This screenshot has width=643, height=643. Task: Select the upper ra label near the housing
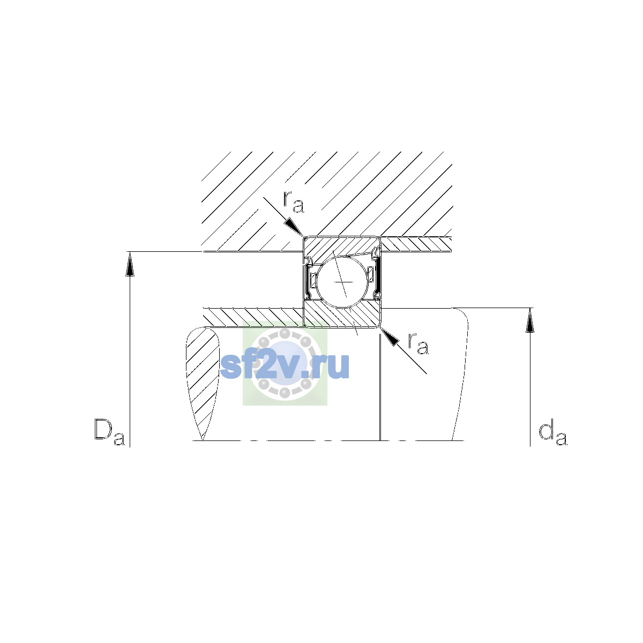(x=294, y=202)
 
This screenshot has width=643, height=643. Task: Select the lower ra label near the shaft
(x=418, y=343)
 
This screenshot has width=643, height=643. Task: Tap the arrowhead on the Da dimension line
(x=130, y=264)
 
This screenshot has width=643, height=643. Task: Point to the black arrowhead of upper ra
(x=294, y=227)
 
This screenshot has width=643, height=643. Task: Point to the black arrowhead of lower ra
(x=390, y=337)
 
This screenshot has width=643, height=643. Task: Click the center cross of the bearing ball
(x=343, y=282)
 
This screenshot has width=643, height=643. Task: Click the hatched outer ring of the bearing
(x=337, y=247)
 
